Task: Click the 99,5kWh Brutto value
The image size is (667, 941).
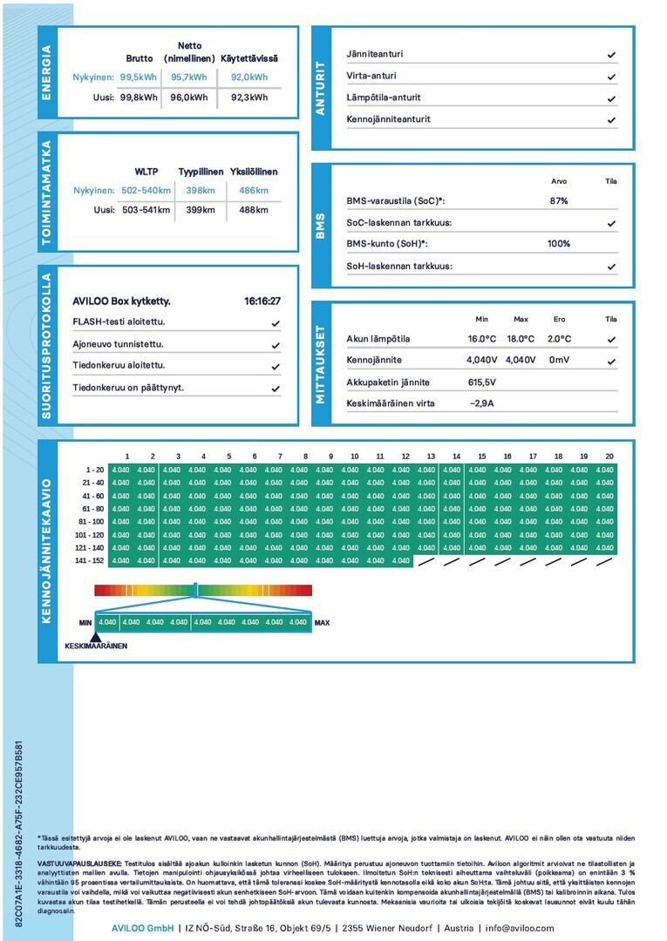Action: click(x=139, y=77)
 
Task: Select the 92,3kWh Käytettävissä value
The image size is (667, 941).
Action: click(x=248, y=98)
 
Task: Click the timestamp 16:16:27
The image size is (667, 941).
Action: click(x=262, y=301)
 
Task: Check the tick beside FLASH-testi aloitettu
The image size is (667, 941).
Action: click(x=276, y=323)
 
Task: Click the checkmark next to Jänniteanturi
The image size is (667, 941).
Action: click(x=611, y=54)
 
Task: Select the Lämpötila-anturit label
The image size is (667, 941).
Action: click(x=383, y=98)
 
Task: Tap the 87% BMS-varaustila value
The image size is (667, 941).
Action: click(x=558, y=200)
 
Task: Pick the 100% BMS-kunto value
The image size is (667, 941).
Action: click(x=558, y=244)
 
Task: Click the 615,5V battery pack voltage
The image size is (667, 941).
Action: click(x=481, y=382)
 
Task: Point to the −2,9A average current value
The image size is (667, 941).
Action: click(x=481, y=403)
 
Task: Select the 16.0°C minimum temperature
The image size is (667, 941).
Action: click(x=481, y=339)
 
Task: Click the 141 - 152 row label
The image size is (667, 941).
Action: click(x=89, y=561)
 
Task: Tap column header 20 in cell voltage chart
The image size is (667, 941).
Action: click(x=609, y=457)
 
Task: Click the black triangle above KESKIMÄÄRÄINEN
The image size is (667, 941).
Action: click(x=95, y=638)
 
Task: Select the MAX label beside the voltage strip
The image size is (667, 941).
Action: click(x=322, y=623)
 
